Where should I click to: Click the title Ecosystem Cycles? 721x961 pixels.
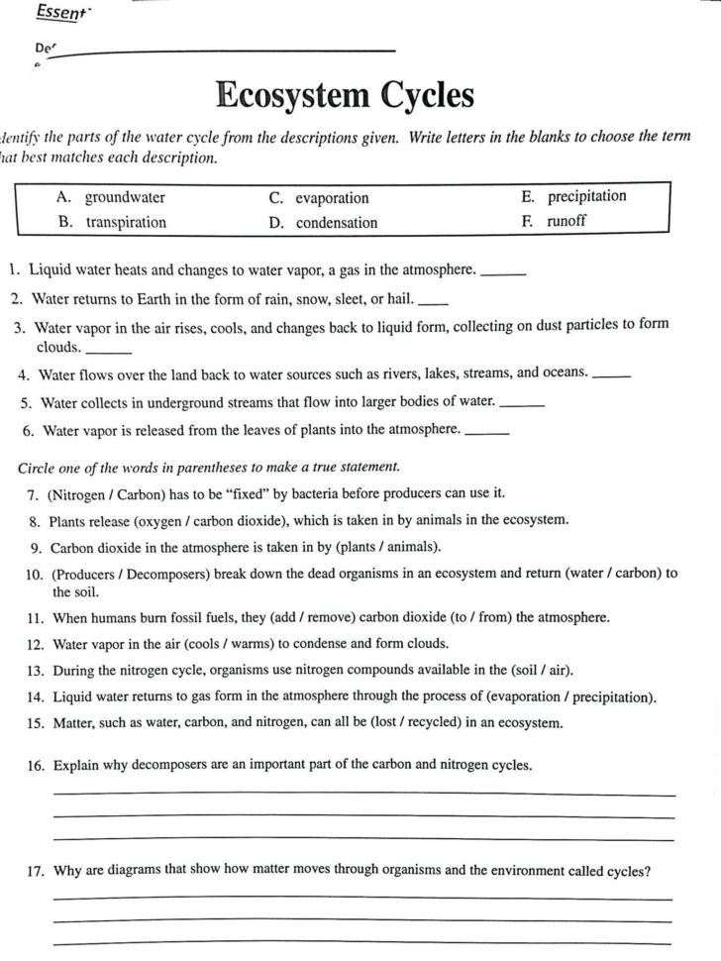345,96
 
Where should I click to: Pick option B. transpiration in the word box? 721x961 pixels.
113,222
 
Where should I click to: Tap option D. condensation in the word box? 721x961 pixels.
323,223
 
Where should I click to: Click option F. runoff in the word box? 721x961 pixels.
554,221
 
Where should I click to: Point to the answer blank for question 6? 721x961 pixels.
486,432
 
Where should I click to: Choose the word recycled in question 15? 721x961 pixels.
417,722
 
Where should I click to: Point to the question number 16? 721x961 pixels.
38,766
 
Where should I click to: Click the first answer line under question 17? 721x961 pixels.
362,897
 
